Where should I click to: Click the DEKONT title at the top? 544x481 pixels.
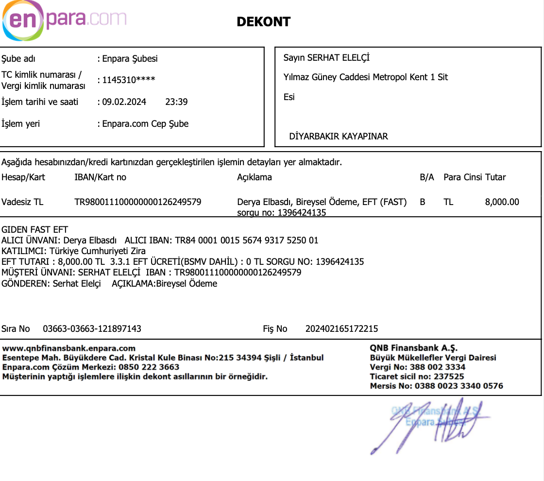(263, 22)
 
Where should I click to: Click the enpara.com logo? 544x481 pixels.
(64, 20)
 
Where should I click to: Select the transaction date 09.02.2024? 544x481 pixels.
(124, 102)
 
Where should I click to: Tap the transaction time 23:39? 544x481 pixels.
(176, 102)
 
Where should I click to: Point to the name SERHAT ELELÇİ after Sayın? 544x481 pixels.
(339, 58)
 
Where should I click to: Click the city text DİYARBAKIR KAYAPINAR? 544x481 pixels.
(339, 136)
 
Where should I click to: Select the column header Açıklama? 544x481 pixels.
(254, 177)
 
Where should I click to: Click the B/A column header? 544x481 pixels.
(426, 177)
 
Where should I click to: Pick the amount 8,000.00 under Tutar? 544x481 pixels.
(502, 202)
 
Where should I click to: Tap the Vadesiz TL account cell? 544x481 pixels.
(22, 202)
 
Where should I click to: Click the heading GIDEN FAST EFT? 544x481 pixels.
(35, 230)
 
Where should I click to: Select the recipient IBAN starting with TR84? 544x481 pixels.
(247, 240)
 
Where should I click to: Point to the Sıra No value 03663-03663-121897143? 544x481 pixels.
(92, 329)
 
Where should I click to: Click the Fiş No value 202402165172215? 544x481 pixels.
(341, 329)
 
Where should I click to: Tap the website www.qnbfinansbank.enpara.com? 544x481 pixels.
(69, 348)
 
